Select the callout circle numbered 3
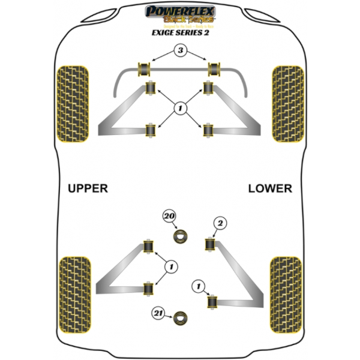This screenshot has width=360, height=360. pos(181,52)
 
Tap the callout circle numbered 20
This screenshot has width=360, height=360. pos(169,216)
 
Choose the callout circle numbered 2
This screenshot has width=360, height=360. pos(220,224)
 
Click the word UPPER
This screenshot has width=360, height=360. pos(88,188)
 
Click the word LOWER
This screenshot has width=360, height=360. pos(270,188)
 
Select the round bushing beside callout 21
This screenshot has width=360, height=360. pos(181,317)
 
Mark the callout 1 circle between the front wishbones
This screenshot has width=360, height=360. pos(179,109)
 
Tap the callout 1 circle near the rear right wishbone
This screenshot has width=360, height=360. pos(197,286)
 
